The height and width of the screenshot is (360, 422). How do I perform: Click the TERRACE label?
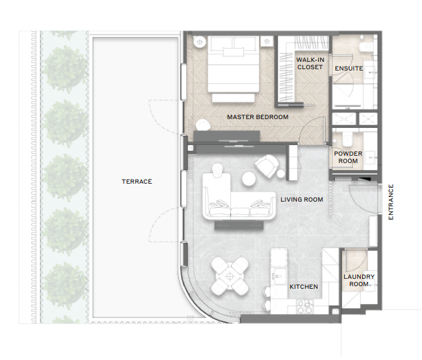pyautogui.click(x=136, y=182)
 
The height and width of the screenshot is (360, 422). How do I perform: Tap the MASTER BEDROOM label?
pyautogui.click(x=258, y=117)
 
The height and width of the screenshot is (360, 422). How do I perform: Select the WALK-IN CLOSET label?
pyautogui.click(x=310, y=63)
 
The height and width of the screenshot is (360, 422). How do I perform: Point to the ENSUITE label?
pyautogui.click(x=349, y=69)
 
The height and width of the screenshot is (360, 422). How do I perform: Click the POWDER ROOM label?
pyautogui.click(x=348, y=158)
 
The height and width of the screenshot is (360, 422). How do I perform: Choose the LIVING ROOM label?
pyautogui.click(x=302, y=200)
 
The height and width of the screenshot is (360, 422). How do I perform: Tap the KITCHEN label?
pyautogui.click(x=304, y=287)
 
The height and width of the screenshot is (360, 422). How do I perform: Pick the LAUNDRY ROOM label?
pyautogui.click(x=359, y=280)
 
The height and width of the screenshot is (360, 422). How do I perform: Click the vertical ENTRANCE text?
pyautogui.click(x=391, y=202)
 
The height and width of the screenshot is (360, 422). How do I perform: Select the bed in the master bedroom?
pyautogui.click(x=234, y=69)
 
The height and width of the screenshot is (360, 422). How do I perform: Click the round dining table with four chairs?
pyautogui.click(x=230, y=275)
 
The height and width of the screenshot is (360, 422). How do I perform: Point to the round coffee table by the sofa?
pyautogui.click(x=248, y=178)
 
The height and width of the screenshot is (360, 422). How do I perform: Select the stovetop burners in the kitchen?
pyautogui.click(x=306, y=307)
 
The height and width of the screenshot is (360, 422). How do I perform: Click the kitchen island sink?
pyautogui.click(x=278, y=276)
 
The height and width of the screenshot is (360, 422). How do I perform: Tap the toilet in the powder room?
pyautogui.click(x=347, y=138)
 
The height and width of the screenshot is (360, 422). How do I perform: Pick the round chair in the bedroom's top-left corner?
pyautogui.click(x=200, y=42)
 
